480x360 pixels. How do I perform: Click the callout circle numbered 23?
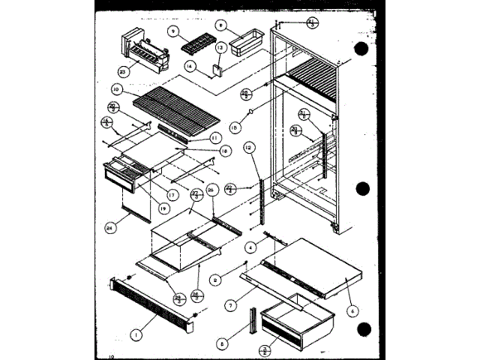click(124, 72)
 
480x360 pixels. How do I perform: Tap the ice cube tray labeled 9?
click(193, 42)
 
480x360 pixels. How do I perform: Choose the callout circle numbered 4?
click(251, 245)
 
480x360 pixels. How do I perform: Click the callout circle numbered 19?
click(164, 208)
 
